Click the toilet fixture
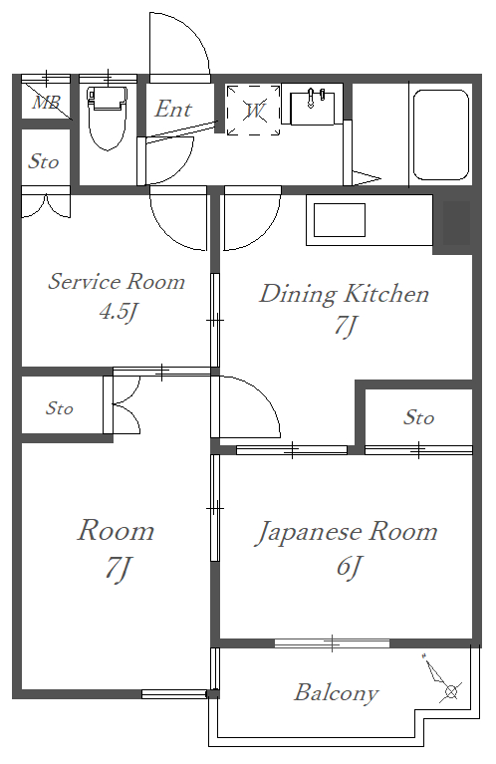(108, 118)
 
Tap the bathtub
(441, 134)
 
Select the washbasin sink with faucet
(312, 108)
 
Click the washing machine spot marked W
(254, 111)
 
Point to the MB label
(46, 103)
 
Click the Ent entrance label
(173, 110)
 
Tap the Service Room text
(117, 282)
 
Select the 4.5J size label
(118, 312)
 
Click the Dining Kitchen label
(344, 294)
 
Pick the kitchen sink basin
(340, 220)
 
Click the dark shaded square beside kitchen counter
(456, 224)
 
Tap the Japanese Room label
(347, 532)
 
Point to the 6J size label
(349, 566)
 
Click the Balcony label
(337, 693)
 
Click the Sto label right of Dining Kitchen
(418, 417)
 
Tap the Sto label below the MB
(44, 161)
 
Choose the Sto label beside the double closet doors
(60, 408)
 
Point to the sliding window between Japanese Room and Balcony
(332, 643)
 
